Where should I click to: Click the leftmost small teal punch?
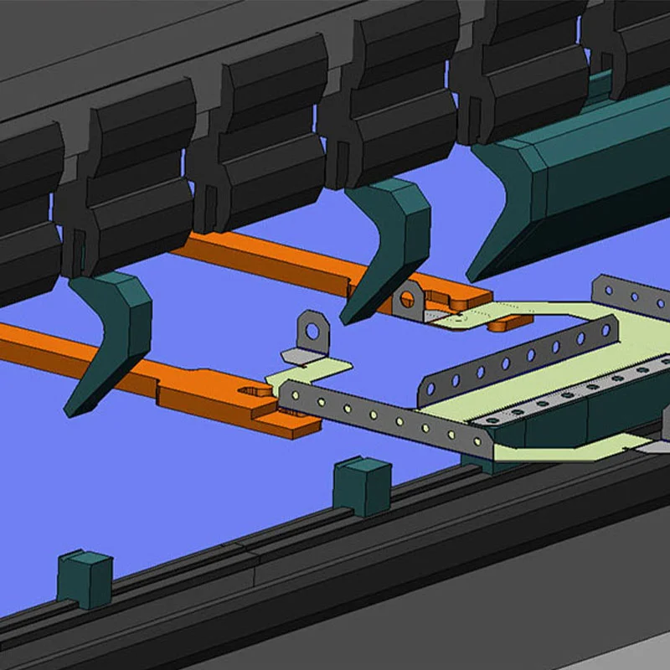click(x=113, y=331)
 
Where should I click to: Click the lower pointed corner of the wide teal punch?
click(x=474, y=276)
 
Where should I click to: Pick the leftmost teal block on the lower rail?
click(x=84, y=578)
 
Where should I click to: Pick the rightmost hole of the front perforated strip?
click(x=477, y=441)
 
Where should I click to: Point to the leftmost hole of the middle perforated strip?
click(x=434, y=387)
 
